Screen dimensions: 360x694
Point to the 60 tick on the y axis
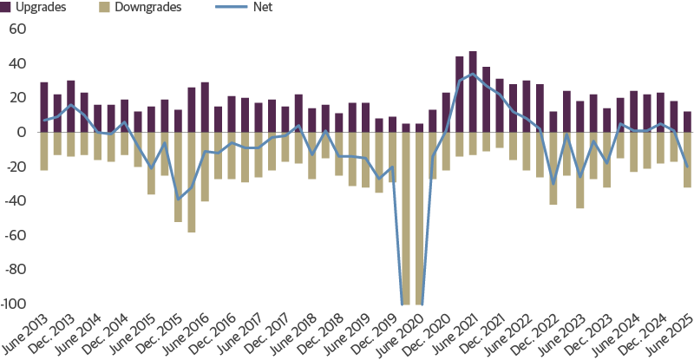point(17,29)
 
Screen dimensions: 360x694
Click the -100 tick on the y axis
point(14,304)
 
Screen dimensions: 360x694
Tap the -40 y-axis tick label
point(16,201)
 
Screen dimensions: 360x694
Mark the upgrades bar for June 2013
point(44,107)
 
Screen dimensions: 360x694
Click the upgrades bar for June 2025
point(687,121)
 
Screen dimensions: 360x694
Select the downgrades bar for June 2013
point(44,151)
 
